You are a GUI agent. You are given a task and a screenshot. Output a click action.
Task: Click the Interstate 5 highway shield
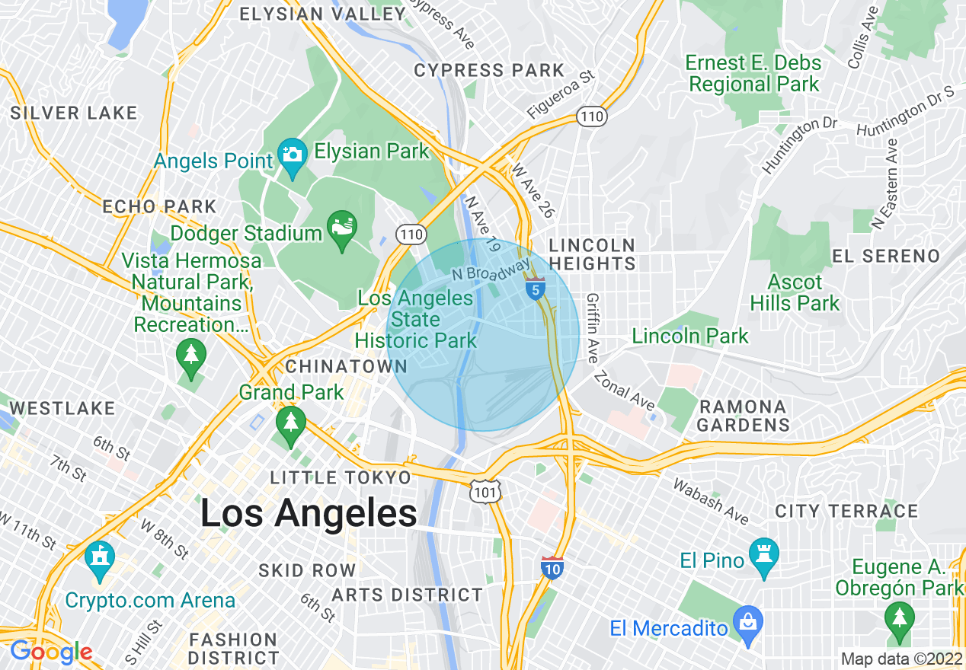click(x=536, y=289)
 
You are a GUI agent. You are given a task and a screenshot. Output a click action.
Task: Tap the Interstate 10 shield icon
click(x=552, y=567)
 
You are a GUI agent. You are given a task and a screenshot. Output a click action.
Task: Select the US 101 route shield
click(x=485, y=492)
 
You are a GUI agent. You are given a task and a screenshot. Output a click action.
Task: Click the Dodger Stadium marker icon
click(x=341, y=228)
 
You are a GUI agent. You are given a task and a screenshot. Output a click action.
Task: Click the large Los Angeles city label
click(x=309, y=513)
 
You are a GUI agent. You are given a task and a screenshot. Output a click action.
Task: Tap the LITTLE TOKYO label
click(x=341, y=477)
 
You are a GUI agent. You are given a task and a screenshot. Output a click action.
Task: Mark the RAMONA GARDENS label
click(x=743, y=416)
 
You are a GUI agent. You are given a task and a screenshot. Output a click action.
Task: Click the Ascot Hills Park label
click(x=795, y=293)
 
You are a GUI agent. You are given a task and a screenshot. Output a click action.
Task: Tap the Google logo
click(x=50, y=652)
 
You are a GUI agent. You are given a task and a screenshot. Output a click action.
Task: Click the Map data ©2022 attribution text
click(x=900, y=659)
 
